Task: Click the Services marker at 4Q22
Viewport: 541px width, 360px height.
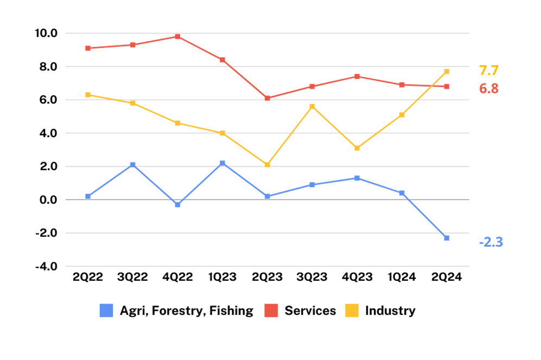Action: click(x=177, y=36)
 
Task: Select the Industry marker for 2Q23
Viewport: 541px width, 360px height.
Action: click(x=268, y=165)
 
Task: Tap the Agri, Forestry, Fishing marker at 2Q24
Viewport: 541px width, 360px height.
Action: click(x=447, y=238)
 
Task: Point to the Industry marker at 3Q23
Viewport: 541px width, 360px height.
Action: click(x=312, y=107)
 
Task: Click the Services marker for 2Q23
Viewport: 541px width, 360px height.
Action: click(x=268, y=98)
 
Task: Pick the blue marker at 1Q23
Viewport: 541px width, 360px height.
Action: click(x=222, y=163)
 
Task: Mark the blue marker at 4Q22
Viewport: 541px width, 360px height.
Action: click(x=177, y=205)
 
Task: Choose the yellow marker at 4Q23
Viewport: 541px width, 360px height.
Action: click(x=357, y=148)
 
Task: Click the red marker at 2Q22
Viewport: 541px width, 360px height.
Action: click(x=88, y=48)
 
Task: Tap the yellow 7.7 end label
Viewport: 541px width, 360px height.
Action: click(x=489, y=70)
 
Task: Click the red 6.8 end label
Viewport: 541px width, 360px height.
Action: click(x=489, y=88)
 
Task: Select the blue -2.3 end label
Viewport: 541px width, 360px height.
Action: click(x=491, y=242)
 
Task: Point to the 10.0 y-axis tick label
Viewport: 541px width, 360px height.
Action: click(x=46, y=33)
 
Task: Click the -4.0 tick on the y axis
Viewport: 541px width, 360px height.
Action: click(x=46, y=266)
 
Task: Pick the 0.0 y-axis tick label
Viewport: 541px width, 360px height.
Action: click(x=48, y=200)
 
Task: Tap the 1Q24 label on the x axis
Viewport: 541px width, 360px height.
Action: click(x=402, y=277)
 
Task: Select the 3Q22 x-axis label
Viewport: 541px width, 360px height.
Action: click(x=132, y=277)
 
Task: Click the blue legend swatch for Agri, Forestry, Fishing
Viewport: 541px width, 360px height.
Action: click(x=106, y=310)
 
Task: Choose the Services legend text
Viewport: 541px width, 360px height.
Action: click(x=310, y=311)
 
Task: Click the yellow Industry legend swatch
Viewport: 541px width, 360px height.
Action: click(x=352, y=310)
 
